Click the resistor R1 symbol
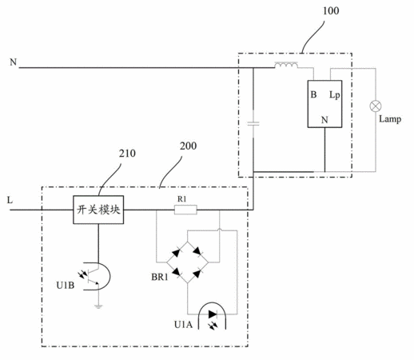pyautogui.click(x=185, y=210)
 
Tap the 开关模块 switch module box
pyautogui.click(x=98, y=210)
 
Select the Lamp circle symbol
pyautogui.click(x=376, y=106)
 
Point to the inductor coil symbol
pyautogui.click(x=286, y=65)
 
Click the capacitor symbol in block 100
pyautogui.click(x=253, y=124)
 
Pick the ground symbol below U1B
pyautogui.click(x=98, y=306)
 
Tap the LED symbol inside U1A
pyautogui.click(x=213, y=314)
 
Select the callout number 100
pyautogui.click(x=331, y=11)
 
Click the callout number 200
pyautogui.click(x=188, y=146)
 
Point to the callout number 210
pyautogui.click(x=127, y=154)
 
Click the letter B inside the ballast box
pyautogui.click(x=313, y=94)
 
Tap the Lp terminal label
pyautogui.click(x=335, y=95)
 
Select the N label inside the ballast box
pyautogui.click(x=324, y=120)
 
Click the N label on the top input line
pyautogui.click(x=13, y=62)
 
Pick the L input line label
pyautogui.click(x=10, y=200)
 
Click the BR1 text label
pyautogui.click(x=160, y=277)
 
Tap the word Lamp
pyautogui.click(x=390, y=119)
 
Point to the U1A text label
pyautogui.click(x=183, y=325)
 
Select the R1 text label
pyautogui.click(x=182, y=199)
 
